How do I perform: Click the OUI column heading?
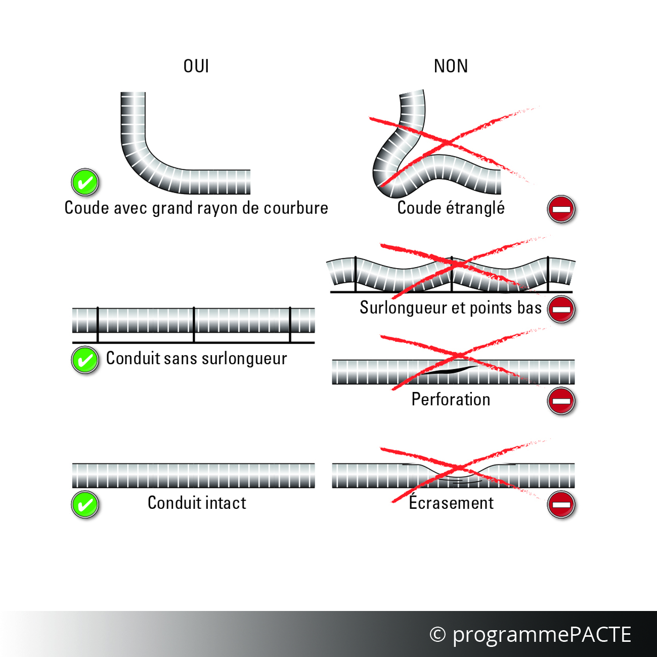pyautogui.click(x=196, y=66)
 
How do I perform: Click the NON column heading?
pyautogui.click(x=451, y=66)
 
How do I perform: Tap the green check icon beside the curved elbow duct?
pyautogui.click(x=85, y=182)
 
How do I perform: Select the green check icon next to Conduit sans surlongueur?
pyautogui.click(x=85, y=360)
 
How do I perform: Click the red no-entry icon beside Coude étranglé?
pyautogui.click(x=561, y=209)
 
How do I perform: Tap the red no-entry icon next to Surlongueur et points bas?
pyautogui.click(x=561, y=309)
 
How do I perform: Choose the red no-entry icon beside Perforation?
pyautogui.click(x=561, y=401)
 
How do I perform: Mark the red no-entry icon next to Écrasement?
pyautogui.click(x=561, y=505)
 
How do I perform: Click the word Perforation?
pyautogui.click(x=451, y=399)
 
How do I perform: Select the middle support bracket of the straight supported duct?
pyautogui.click(x=194, y=325)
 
